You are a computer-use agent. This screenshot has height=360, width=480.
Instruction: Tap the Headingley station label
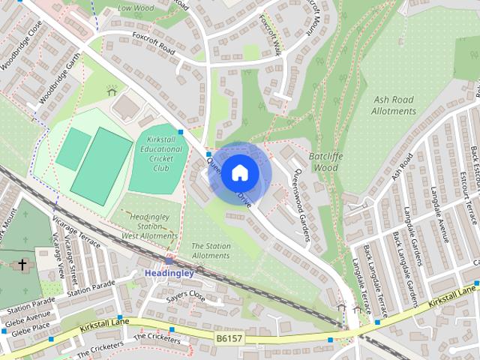169,273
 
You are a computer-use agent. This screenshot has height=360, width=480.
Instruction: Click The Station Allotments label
211,250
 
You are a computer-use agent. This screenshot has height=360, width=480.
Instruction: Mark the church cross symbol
22,265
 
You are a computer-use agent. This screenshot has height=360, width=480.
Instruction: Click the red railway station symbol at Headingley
169,261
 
